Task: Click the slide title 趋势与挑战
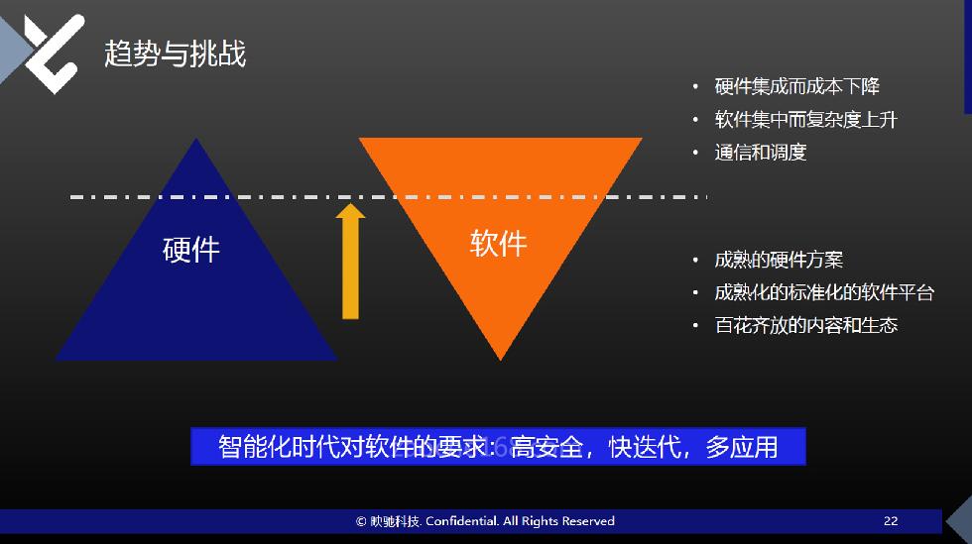coord(175,54)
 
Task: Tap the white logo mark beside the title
coord(54,54)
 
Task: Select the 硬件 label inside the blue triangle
coord(190,250)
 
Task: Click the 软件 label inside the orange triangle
coord(498,243)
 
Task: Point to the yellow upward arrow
coord(350,262)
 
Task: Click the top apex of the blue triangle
coord(196,139)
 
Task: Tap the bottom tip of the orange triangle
coord(500,360)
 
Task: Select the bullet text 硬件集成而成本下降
coord(797,86)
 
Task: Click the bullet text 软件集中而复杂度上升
coord(805,119)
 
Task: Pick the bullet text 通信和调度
coord(761,152)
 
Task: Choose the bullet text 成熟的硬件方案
coord(779,260)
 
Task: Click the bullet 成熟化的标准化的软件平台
coord(824,292)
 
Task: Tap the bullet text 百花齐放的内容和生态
coord(805,325)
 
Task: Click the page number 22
coord(891,521)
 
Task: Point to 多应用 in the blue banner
coord(742,447)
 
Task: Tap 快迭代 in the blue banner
coord(645,447)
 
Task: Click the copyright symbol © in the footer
coord(361,521)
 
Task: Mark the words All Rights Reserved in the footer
coord(558,521)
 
